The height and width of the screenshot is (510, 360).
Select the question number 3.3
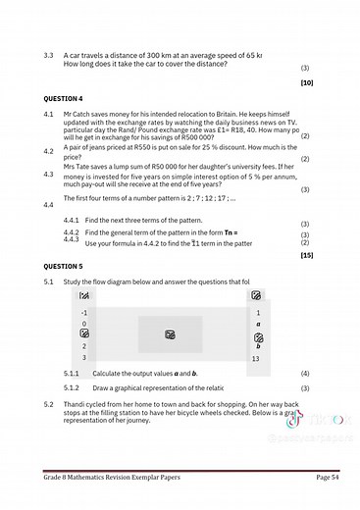pos(48,55)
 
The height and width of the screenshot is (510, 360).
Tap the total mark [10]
pos(306,83)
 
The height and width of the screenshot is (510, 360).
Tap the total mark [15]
pos(306,254)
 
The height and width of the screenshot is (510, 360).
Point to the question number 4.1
pos(48,115)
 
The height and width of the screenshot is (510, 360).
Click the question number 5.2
pos(48,404)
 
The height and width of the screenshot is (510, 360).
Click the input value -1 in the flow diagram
pos(84,312)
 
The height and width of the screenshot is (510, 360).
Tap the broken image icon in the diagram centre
pos(170,335)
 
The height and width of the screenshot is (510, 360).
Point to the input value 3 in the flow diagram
pos(84,358)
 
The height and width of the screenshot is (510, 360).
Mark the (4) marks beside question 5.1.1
pos(305,374)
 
